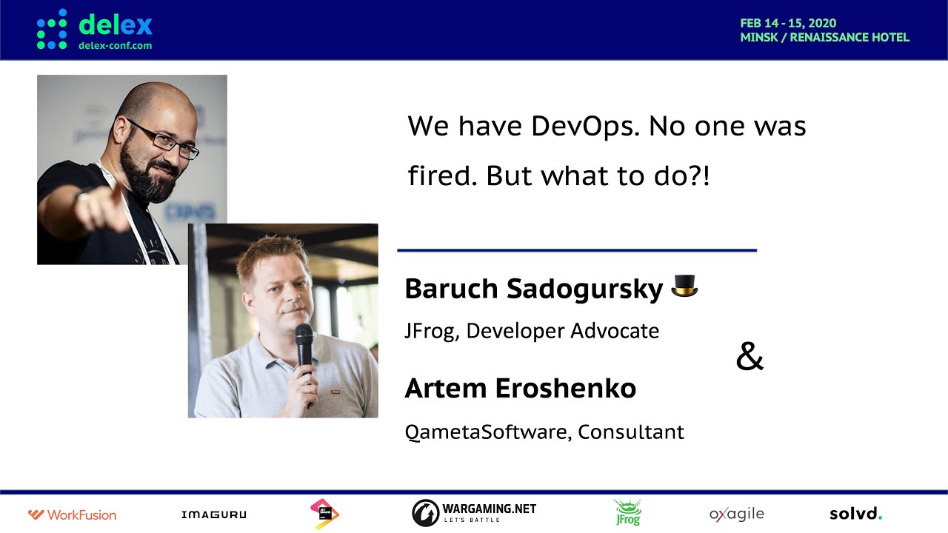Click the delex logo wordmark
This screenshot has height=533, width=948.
(115, 24)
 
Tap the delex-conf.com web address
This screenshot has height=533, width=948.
(115, 46)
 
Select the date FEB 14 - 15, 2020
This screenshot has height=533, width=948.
(788, 23)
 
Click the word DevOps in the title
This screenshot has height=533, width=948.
(585, 127)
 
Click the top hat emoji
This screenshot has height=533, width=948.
(684, 286)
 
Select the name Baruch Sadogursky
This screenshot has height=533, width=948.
(534, 289)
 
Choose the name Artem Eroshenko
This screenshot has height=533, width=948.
(521, 389)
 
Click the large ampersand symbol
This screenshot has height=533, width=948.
(750, 357)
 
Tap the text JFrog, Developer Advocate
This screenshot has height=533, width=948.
(532, 331)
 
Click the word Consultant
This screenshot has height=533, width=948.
(630, 432)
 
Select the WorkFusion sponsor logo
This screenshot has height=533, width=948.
(72, 514)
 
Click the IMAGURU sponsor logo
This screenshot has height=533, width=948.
(214, 514)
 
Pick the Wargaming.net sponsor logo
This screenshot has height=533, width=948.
(474, 513)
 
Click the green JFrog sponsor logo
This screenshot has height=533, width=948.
(628, 513)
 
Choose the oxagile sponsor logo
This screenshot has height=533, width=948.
(737, 514)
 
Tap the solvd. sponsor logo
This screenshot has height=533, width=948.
(855, 514)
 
